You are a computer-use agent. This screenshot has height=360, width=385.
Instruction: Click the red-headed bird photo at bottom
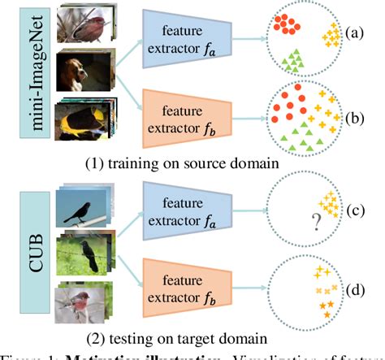tap(84, 304)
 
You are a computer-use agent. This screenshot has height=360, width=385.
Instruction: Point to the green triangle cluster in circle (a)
tap(296, 59)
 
